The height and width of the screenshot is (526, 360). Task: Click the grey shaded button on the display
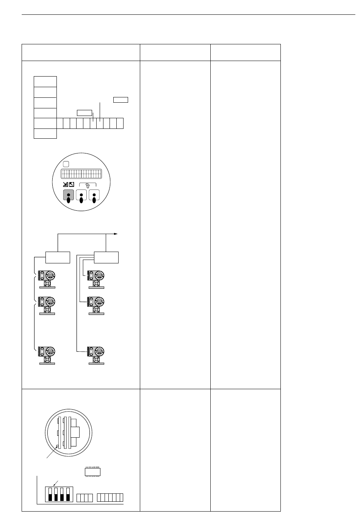69,195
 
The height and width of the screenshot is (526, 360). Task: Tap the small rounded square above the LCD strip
66,164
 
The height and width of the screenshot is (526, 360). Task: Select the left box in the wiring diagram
58,257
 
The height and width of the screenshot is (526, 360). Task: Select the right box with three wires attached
106,257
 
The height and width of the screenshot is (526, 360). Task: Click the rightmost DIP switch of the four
68,495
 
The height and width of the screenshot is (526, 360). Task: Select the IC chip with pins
92,472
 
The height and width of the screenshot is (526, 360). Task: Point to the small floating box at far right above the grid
121,100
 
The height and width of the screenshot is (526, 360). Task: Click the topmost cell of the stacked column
45,81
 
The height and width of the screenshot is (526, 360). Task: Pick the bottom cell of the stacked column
45,133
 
